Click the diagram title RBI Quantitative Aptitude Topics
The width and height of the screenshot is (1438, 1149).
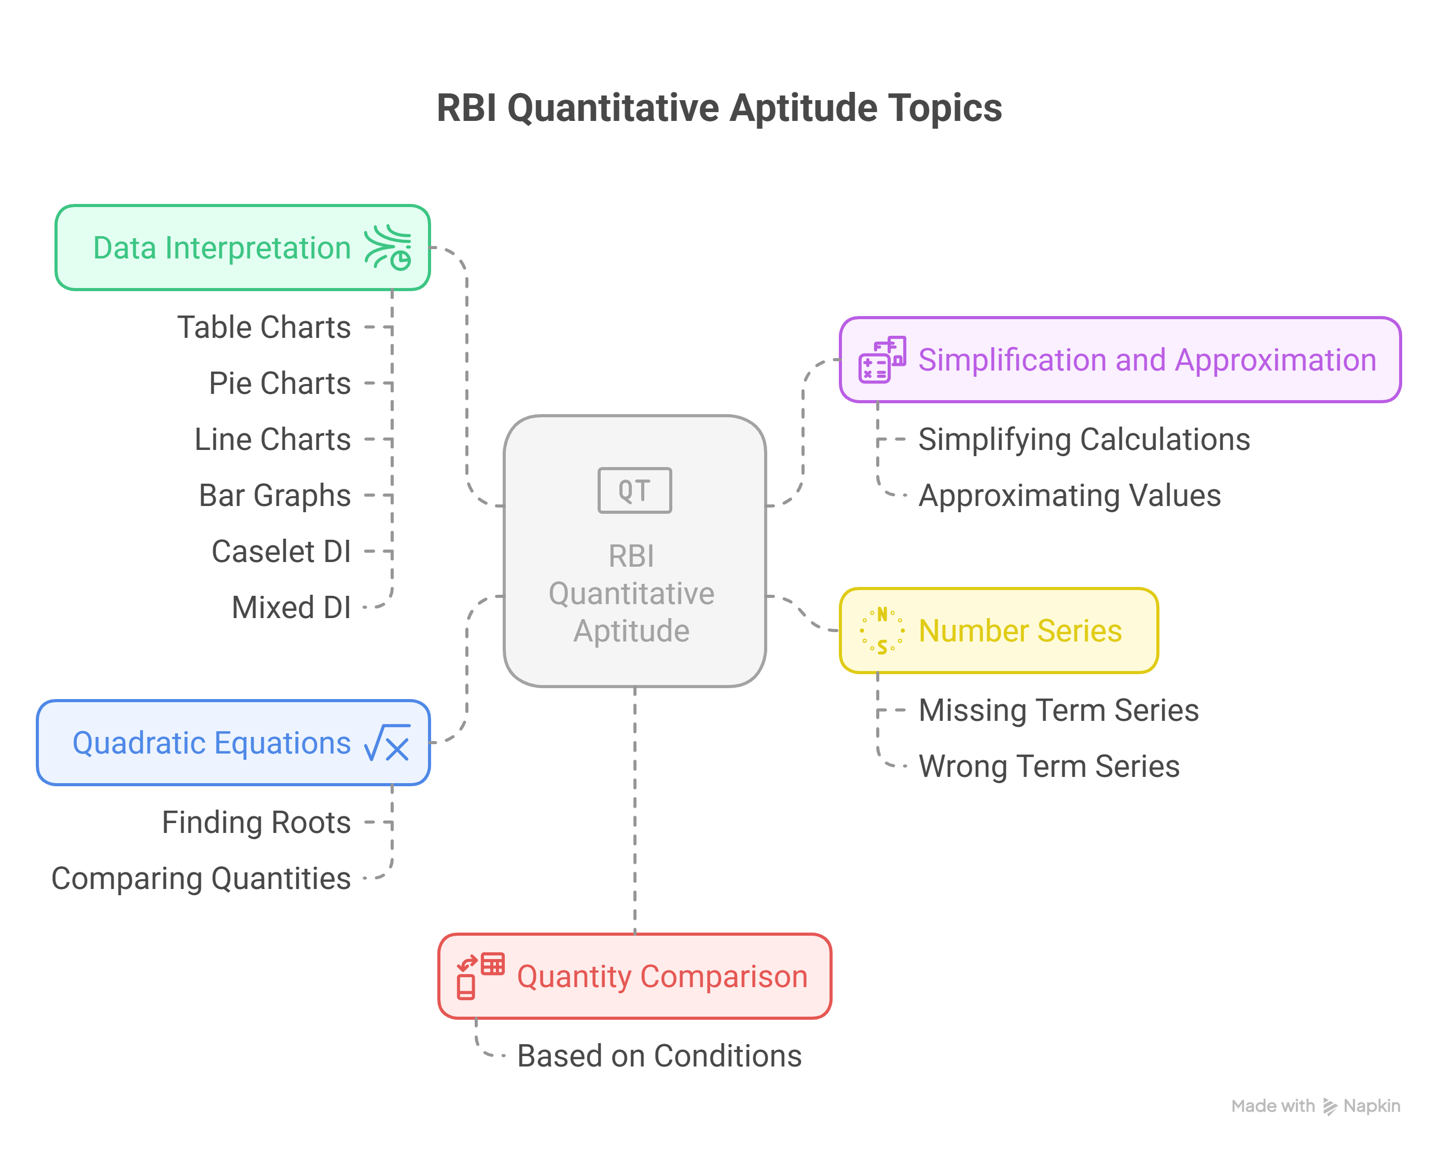(x=718, y=108)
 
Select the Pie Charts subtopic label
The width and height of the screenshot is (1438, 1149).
(x=280, y=384)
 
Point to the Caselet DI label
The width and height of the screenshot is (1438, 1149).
(x=281, y=552)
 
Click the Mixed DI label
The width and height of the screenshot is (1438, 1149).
(x=291, y=608)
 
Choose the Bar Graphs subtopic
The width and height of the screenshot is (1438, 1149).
(x=275, y=496)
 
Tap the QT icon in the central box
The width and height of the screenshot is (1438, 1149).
(x=634, y=490)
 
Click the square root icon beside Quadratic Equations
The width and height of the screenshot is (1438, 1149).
(x=387, y=743)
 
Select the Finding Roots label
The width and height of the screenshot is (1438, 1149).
(x=256, y=823)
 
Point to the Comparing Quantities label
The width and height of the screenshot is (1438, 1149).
(x=201, y=879)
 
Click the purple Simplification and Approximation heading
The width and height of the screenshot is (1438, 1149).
(x=1147, y=360)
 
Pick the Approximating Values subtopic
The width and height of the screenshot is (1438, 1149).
(x=1069, y=496)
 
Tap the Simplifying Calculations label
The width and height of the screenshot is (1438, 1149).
(x=1084, y=440)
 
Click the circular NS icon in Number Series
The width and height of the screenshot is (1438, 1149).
(x=882, y=631)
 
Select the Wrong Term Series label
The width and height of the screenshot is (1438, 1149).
(x=1048, y=767)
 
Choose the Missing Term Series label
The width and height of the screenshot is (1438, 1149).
(x=1058, y=710)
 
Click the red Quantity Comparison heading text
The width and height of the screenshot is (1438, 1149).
(x=662, y=977)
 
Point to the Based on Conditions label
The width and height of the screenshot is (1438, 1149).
(x=659, y=1056)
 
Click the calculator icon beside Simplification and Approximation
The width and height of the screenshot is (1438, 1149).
(x=882, y=360)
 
